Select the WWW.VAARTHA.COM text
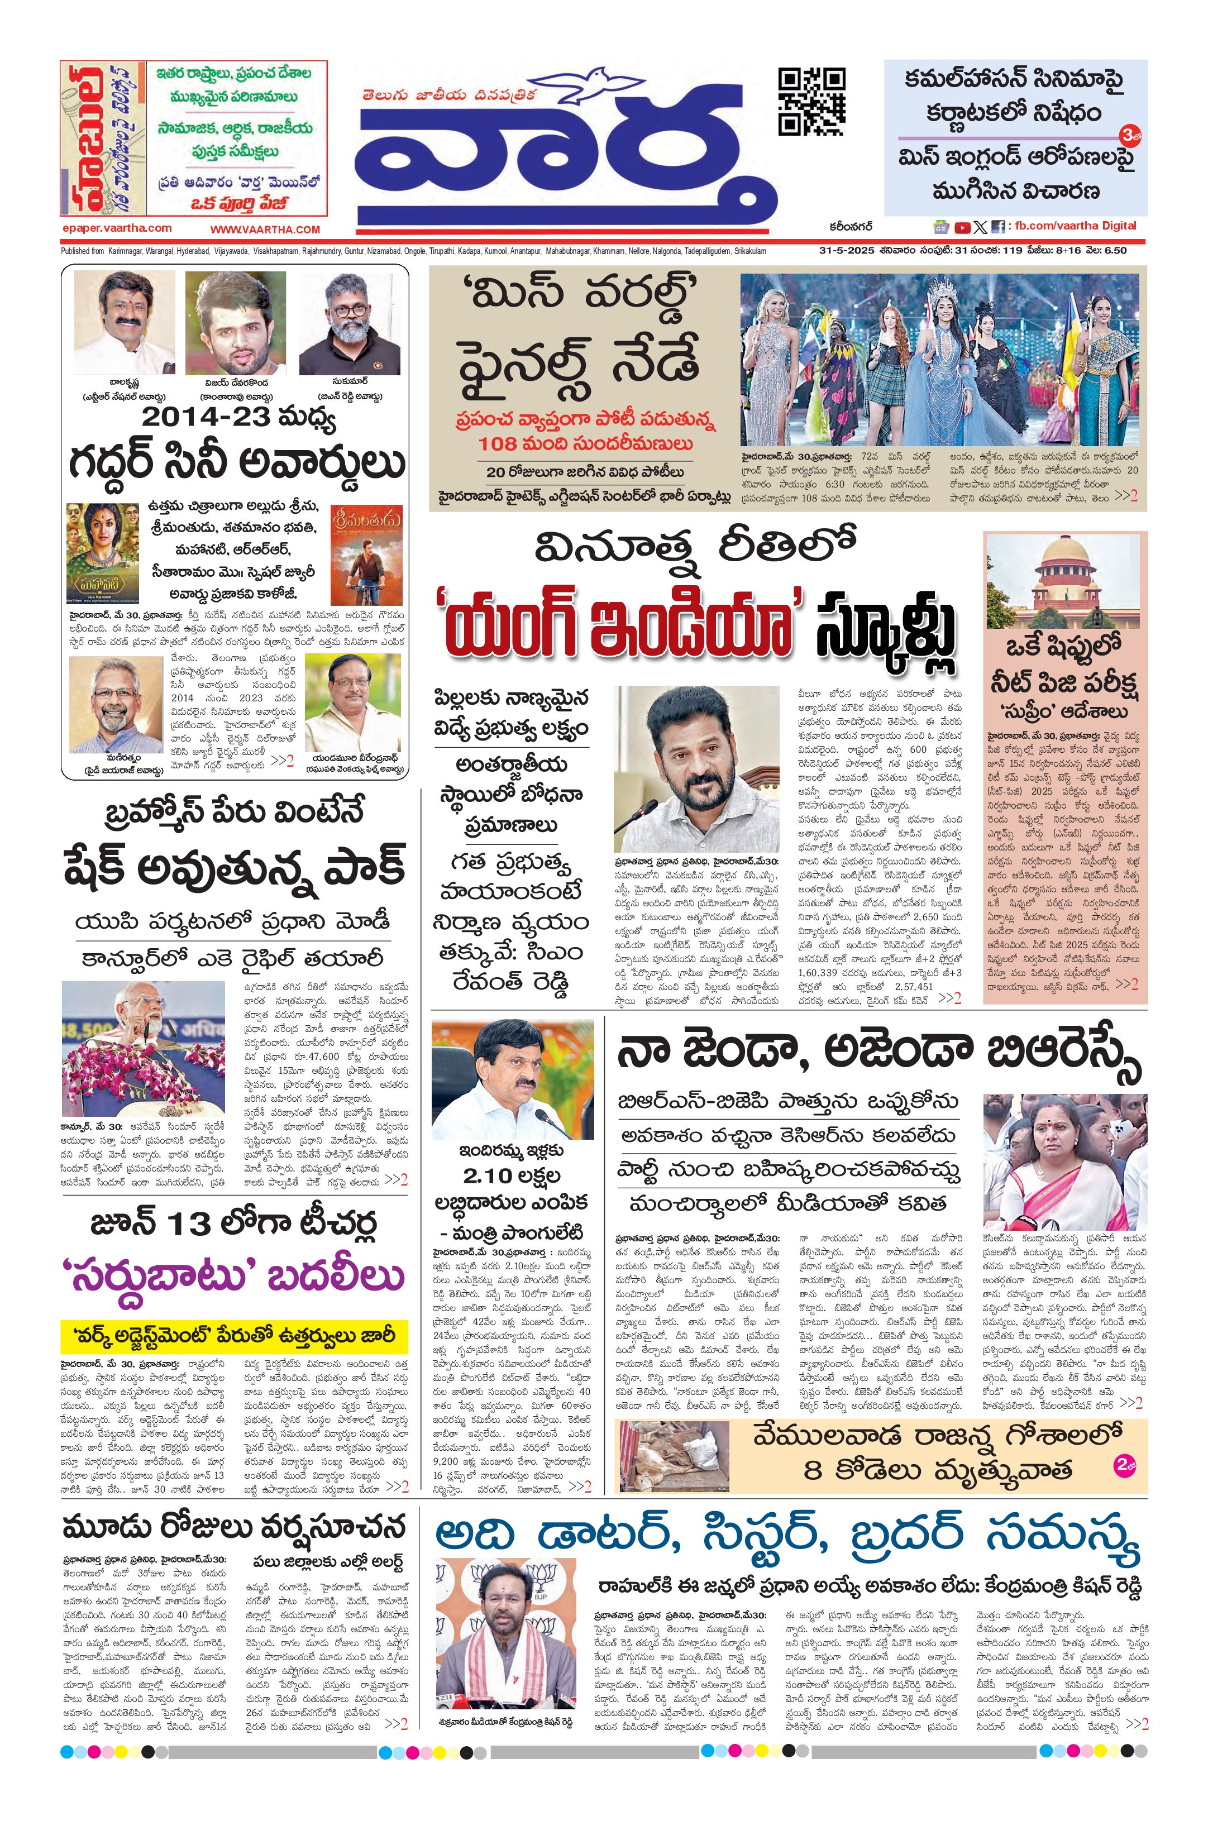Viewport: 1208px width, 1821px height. point(265,230)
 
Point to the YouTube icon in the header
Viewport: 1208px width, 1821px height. point(962,227)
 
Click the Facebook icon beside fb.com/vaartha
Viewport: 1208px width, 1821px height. point(999,227)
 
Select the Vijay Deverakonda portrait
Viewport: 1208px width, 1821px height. point(235,323)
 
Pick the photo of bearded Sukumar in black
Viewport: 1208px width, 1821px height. point(350,323)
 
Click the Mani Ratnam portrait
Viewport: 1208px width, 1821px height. point(116,705)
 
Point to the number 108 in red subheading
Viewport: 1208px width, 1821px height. point(500,444)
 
